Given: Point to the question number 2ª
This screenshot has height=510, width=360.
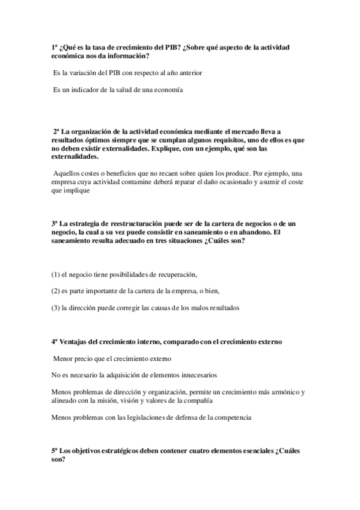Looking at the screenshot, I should tap(57, 131).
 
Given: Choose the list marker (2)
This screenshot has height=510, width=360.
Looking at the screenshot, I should tap(55, 292).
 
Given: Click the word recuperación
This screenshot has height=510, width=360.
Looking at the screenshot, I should tap(177, 275).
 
